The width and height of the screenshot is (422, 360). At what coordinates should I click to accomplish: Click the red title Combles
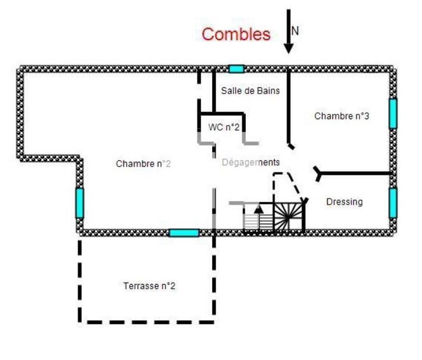click(x=236, y=35)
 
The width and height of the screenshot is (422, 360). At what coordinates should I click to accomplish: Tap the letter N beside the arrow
click(x=295, y=31)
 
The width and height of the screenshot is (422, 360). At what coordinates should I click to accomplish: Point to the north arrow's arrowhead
click(x=288, y=48)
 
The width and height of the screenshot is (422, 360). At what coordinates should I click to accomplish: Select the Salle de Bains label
click(x=250, y=91)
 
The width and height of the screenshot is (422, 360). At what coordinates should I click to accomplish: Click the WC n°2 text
click(x=224, y=127)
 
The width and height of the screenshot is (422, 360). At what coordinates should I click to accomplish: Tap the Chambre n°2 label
click(x=143, y=164)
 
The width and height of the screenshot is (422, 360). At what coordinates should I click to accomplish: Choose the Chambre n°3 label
click(x=341, y=116)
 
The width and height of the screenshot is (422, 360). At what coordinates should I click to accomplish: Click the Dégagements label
click(x=251, y=162)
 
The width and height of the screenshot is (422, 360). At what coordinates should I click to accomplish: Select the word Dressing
click(x=344, y=201)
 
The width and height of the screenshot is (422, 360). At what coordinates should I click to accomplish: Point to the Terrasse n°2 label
click(x=149, y=286)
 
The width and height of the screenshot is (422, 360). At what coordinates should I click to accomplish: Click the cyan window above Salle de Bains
click(x=236, y=69)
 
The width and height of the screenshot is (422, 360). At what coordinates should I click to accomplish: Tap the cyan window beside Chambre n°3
click(x=393, y=113)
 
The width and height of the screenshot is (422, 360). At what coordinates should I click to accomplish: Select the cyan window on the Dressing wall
click(x=393, y=203)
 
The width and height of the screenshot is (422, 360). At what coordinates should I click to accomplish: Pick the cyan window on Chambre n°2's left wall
click(x=80, y=202)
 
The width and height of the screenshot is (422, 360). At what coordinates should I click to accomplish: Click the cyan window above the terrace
click(x=184, y=232)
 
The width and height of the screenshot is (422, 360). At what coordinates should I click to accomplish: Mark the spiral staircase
click(x=289, y=217)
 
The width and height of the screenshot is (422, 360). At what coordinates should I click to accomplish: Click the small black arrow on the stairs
click(x=258, y=208)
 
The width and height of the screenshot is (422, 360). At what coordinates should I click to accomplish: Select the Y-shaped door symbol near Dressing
click(x=318, y=173)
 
